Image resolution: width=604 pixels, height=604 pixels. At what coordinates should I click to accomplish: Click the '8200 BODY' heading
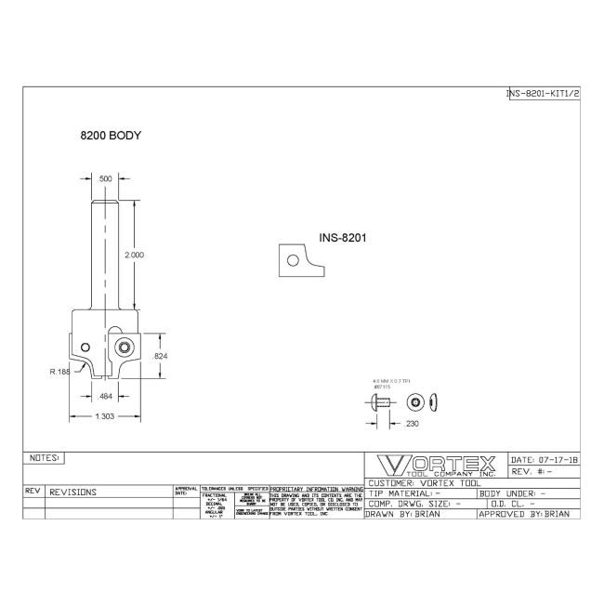point(110,136)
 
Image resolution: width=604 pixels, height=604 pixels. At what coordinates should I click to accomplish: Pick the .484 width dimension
point(107,397)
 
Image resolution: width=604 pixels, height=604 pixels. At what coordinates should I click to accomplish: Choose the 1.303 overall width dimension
point(105,416)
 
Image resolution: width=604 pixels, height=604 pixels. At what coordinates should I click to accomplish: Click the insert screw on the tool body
point(123,347)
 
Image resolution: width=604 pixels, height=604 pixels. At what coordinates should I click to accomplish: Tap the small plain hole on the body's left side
point(82,338)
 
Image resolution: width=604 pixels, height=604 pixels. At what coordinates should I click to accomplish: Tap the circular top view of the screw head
point(414,401)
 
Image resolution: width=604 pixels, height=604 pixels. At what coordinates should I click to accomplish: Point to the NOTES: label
point(45,458)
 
